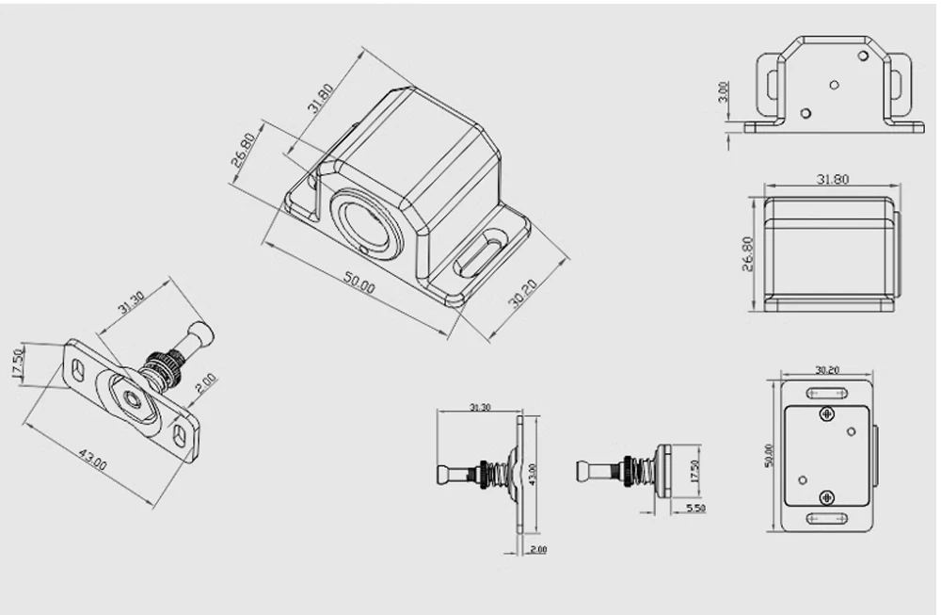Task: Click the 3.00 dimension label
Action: (723, 92)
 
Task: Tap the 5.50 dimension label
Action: (695, 508)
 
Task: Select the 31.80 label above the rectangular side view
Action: (833, 179)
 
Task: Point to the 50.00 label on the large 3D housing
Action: (359, 283)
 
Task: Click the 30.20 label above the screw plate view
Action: (827, 370)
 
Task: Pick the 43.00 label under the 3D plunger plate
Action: (93, 460)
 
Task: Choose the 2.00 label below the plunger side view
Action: (538, 549)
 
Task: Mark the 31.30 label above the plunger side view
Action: (480, 407)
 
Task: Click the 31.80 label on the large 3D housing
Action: (321, 98)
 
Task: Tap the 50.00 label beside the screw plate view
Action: (770, 455)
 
